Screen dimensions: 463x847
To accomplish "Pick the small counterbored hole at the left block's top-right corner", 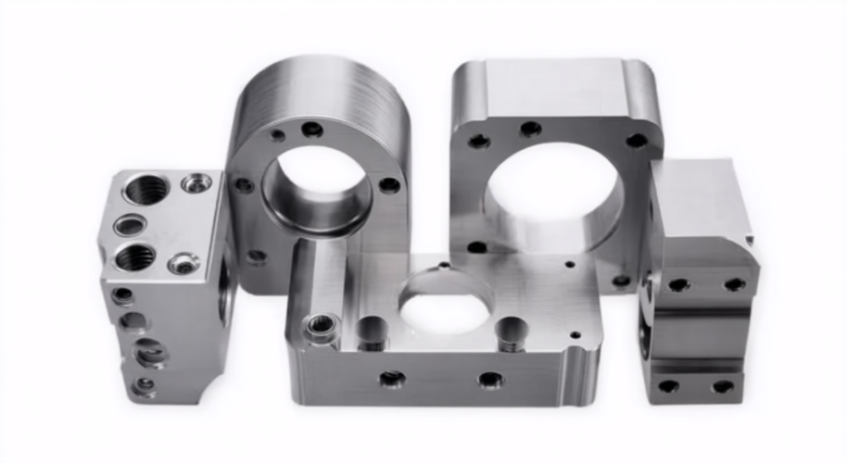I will point(196,183).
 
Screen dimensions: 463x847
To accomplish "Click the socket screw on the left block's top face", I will point(183,264).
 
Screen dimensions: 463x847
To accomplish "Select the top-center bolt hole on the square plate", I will point(530,129).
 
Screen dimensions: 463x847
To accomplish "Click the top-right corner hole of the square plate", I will point(637,141).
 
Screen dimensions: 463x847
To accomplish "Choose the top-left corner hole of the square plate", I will point(478,142).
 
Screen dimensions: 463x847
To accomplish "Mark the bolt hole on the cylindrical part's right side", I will point(390,185).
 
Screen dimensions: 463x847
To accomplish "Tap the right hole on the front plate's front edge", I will point(490,380).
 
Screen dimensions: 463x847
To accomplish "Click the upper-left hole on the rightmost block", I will point(678,284).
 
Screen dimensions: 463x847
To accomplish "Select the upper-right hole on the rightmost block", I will point(734,284).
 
